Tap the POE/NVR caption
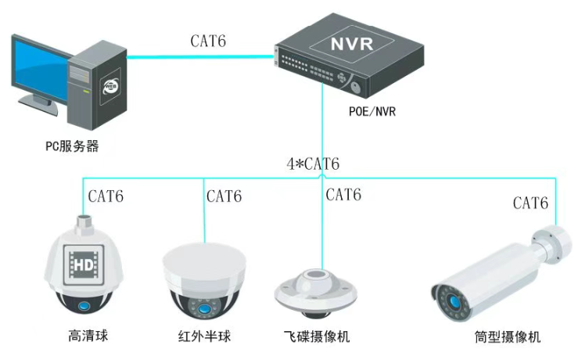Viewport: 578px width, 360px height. pos(372,111)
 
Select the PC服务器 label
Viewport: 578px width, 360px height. pos(72,146)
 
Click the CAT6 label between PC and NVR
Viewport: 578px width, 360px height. pos(207,41)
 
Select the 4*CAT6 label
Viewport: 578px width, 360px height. pos(312,164)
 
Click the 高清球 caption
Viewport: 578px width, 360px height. pos(87,337)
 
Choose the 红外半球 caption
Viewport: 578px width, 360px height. pos(205,337)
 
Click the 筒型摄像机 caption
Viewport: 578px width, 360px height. pos(507,337)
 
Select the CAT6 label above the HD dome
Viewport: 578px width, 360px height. pos(106,196)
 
